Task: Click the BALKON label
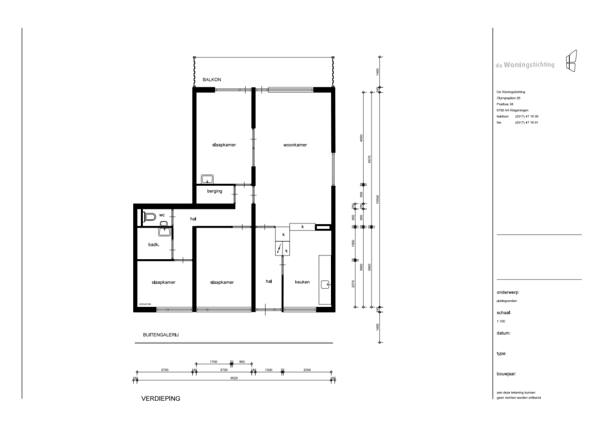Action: (x=212, y=80)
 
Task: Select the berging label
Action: (x=215, y=191)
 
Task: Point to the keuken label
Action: (x=302, y=283)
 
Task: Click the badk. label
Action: (x=154, y=245)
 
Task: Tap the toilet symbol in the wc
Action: (x=149, y=216)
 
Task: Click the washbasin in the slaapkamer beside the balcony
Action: (x=208, y=179)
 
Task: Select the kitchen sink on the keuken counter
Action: (x=325, y=283)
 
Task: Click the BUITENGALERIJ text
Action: (x=161, y=334)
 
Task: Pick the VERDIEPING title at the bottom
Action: (x=161, y=399)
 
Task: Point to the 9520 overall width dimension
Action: (x=234, y=378)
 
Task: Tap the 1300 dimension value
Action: (x=269, y=369)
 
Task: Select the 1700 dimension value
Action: (x=214, y=361)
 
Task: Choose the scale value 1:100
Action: (x=502, y=321)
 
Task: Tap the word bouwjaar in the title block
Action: (x=506, y=374)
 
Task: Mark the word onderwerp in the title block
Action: (x=508, y=292)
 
